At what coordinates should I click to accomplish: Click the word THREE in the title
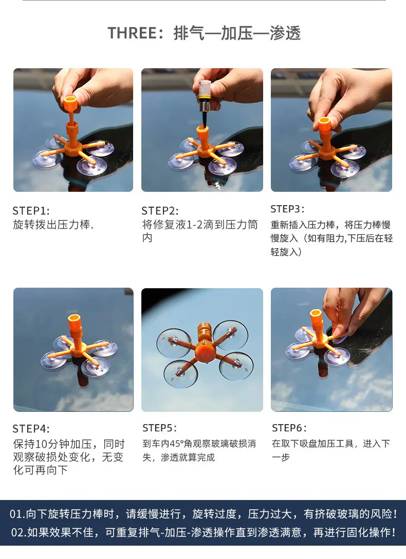point(133,33)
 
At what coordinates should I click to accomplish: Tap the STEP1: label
point(31,211)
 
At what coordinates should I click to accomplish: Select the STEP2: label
point(160,211)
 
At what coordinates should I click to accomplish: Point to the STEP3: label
point(287,209)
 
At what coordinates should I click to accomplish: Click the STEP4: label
point(31,429)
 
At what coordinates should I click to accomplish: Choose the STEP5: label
point(160,427)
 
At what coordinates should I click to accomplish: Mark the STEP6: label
point(289,427)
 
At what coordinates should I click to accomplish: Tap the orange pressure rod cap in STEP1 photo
point(69,103)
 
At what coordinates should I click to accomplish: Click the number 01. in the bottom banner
point(17,514)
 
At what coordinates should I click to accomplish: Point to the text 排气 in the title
point(189,33)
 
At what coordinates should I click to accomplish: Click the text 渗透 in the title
point(285,33)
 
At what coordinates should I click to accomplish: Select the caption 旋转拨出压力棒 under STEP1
point(52,225)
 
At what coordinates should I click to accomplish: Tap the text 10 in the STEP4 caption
point(42,444)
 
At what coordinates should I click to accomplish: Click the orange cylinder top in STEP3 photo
point(324,124)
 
